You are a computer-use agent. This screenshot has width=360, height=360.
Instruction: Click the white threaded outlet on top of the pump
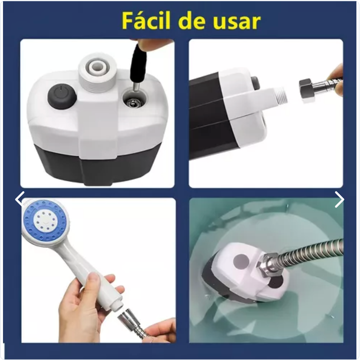pos(98,72)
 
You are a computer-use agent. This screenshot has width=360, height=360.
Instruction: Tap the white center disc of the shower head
pos(45,220)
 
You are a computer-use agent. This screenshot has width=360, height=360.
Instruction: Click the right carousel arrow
pos(339,199)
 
